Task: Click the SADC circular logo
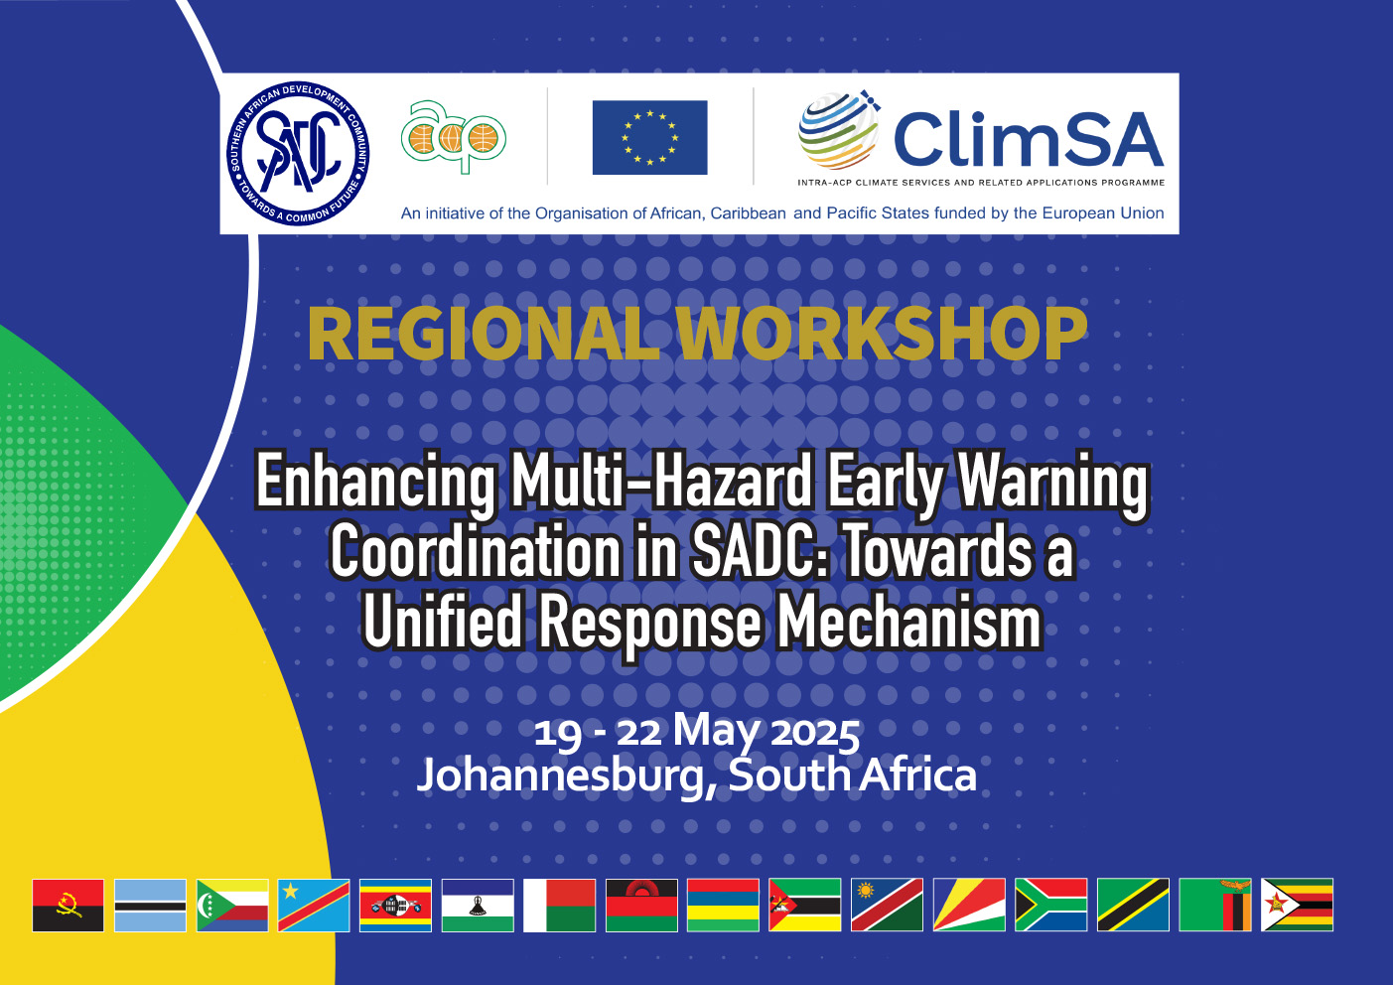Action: pos(298,153)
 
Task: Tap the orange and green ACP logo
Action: pos(454,137)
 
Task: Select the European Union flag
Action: pos(649,137)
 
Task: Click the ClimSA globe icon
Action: pos(839,130)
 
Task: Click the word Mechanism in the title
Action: pos(909,622)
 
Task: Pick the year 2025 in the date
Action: pos(815,733)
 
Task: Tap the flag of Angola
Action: pos(68,905)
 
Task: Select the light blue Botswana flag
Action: pos(150,905)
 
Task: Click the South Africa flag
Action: pos(1051,905)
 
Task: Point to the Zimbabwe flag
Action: pos(1297,905)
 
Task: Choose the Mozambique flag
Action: pos(804,905)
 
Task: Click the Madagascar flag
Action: pos(559,905)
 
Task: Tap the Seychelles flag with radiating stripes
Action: pos(969,905)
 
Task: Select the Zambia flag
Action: pos(1214,905)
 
